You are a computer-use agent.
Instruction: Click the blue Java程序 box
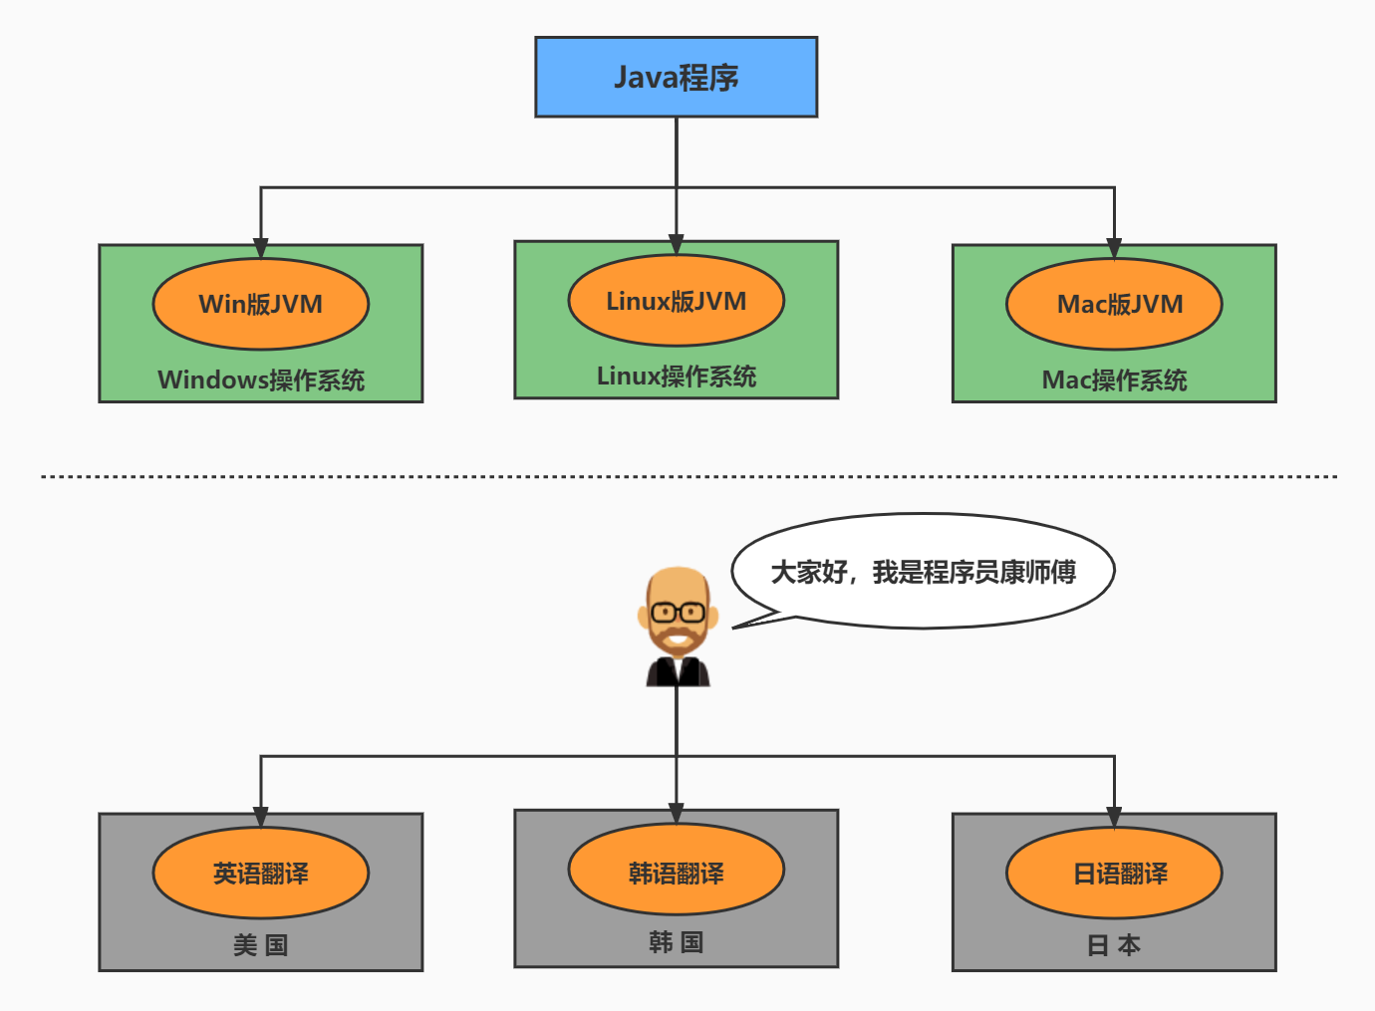pos(676,78)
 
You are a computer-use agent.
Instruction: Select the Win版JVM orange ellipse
pos(260,304)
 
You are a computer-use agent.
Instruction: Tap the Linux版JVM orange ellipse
pos(676,301)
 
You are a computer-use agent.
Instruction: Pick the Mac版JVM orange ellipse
pos(1114,304)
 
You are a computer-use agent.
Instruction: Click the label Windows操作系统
pos(260,379)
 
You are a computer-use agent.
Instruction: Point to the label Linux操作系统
pos(676,376)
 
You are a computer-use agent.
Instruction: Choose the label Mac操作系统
pos(1114,379)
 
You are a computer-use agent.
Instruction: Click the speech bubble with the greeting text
pos(923,572)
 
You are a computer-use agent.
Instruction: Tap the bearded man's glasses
pos(678,611)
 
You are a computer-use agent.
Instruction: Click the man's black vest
pos(678,672)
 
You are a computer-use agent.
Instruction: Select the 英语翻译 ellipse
pos(260,874)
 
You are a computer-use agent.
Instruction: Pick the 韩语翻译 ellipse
pos(676,874)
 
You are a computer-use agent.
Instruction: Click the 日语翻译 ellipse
pos(1114,874)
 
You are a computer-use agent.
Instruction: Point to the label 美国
pos(260,945)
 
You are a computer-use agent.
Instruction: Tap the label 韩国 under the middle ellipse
pos(676,942)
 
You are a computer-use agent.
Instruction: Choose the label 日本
pos(1114,945)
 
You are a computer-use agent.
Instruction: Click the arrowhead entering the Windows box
pos(261,248)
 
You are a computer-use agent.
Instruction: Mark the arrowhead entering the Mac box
pos(1114,248)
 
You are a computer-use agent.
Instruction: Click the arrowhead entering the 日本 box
pos(1114,818)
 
